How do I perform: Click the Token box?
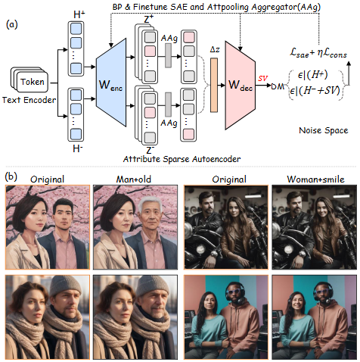[x=33, y=82]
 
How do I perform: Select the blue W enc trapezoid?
[x=111, y=83]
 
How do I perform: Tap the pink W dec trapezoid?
[x=241, y=86]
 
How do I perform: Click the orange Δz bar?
[x=214, y=85]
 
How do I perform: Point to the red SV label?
[x=262, y=79]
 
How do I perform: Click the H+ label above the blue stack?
[x=79, y=14]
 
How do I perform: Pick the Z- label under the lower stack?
[x=150, y=150]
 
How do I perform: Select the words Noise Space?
[x=324, y=130]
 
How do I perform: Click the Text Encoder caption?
[x=29, y=100]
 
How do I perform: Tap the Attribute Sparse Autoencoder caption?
[x=182, y=159]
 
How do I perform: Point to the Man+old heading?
[x=134, y=179]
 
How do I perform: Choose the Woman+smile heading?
[x=315, y=179]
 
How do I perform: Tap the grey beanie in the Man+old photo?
[x=153, y=286]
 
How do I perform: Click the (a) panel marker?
[x=12, y=24]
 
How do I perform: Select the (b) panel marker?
[x=11, y=176]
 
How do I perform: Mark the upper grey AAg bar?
[x=168, y=55]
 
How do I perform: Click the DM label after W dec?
[x=278, y=86]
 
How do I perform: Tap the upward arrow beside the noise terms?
[x=349, y=73]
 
